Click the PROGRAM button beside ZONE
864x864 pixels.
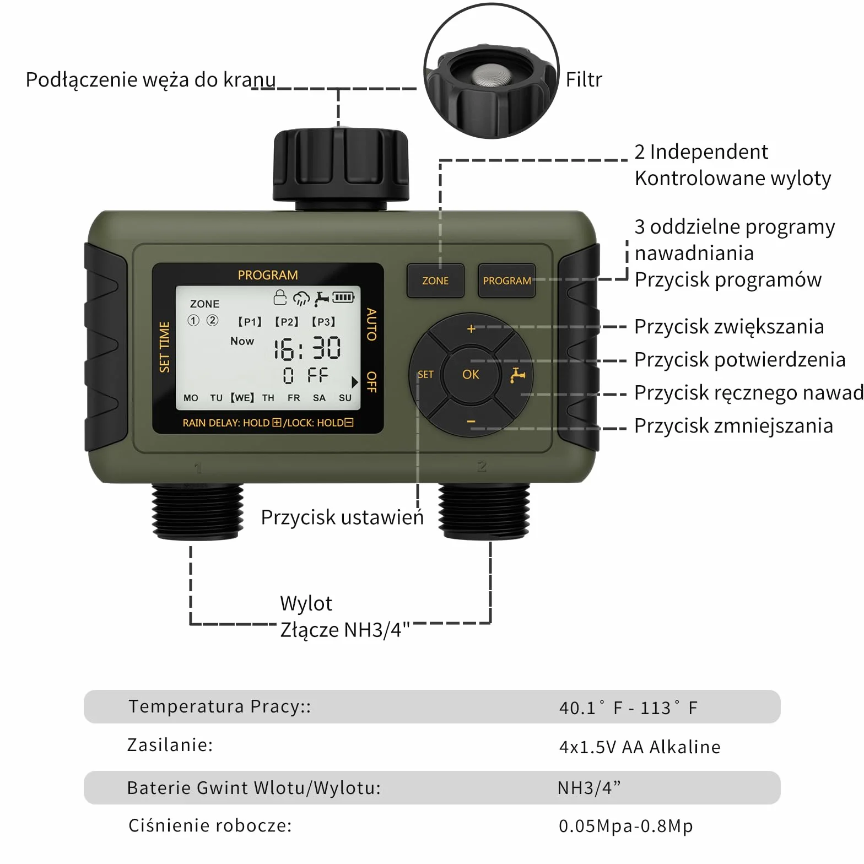pos(506,280)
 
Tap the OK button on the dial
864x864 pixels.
pos(471,375)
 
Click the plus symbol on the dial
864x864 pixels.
pos(471,329)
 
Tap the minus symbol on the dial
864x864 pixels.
pos(471,422)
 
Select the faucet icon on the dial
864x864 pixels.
pos(517,375)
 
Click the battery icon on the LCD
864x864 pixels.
pos(343,298)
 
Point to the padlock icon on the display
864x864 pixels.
pos(280,297)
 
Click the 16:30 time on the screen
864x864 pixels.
pos(307,348)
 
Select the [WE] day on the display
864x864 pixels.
pos(242,397)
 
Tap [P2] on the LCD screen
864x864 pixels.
pos(287,322)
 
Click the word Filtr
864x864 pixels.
pos(584,80)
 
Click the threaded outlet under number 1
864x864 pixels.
pos(197,511)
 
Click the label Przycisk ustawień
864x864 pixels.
pos(342,517)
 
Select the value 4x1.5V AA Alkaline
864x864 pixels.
pos(640,747)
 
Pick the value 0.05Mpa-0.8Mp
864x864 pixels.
pos(626,825)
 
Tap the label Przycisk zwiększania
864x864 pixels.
pos(729,327)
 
